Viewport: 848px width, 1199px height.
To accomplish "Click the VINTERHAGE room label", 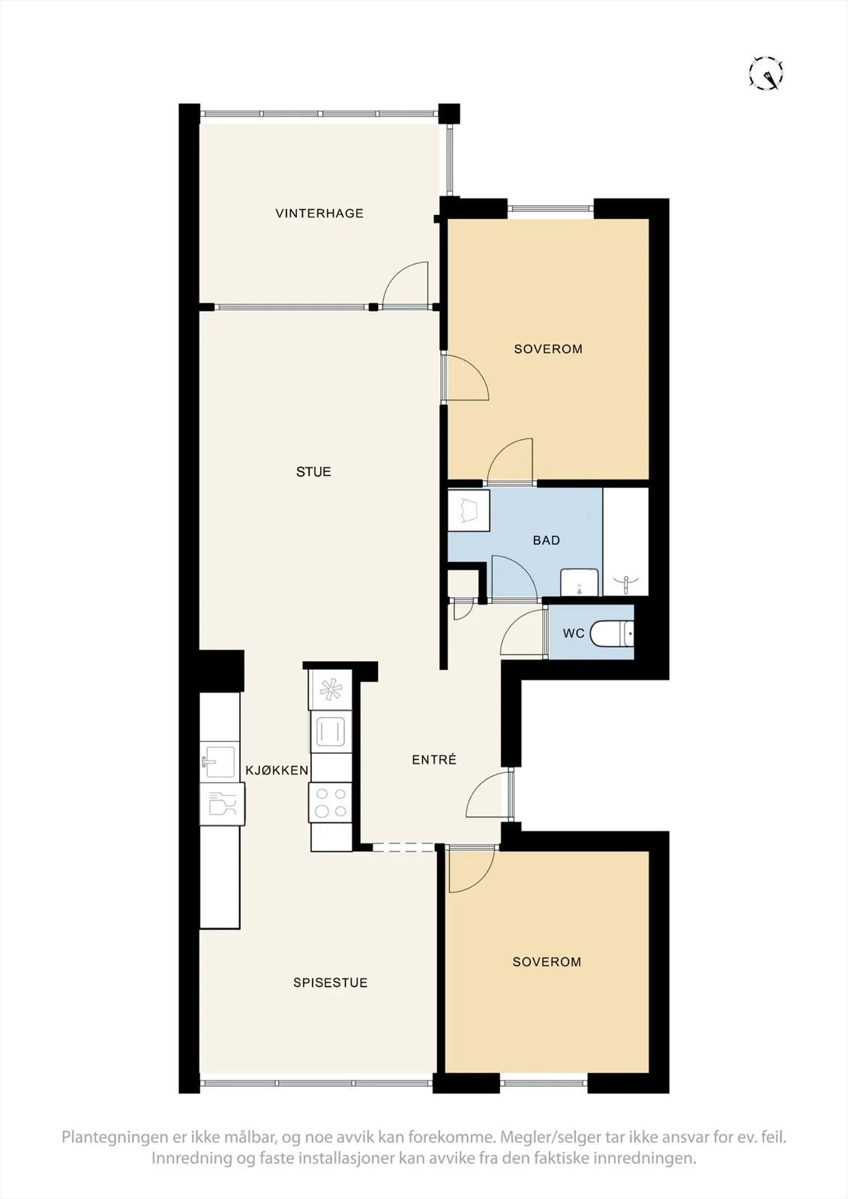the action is click(x=319, y=213).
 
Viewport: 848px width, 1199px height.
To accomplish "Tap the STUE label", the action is click(x=313, y=471).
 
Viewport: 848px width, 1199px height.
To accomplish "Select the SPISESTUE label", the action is click(x=330, y=982).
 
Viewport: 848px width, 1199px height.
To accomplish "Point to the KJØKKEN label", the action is click(x=277, y=770).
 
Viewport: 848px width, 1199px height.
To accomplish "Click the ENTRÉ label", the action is click(x=434, y=759).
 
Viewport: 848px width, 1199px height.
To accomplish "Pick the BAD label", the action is click(x=547, y=540).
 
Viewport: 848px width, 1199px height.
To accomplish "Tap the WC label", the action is click(x=573, y=633).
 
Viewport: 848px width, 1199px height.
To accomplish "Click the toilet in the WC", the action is click(x=613, y=633).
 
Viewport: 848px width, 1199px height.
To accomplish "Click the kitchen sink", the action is click(x=219, y=761).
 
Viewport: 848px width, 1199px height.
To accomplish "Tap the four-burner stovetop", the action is click(x=330, y=803).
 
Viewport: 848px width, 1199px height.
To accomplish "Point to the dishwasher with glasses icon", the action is click(x=223, y=803).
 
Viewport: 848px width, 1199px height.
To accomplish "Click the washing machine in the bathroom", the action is click(x=469, y=510).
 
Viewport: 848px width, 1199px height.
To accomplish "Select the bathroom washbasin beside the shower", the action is click(x=579, y=582).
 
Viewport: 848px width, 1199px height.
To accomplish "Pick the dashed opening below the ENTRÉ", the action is click(x=404, y=848).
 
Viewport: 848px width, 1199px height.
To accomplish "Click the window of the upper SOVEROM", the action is click(x=550, y=209).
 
